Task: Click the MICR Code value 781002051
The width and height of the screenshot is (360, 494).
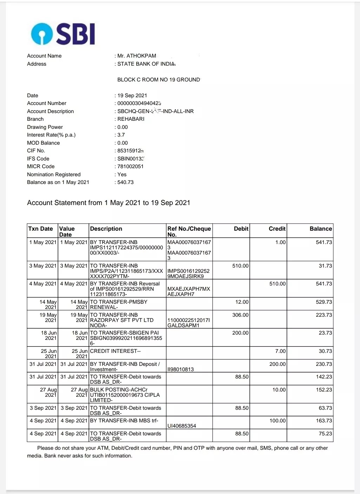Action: tap(130, 166)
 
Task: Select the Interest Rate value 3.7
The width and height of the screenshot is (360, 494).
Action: tap(121, 135)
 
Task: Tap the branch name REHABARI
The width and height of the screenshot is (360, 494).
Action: tap(131, 119)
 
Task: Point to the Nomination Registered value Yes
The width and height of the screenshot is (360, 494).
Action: tap(122, 174)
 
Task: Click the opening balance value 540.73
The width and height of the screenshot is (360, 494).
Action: tap(125, 182)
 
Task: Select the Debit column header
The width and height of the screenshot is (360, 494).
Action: tap(241, 229)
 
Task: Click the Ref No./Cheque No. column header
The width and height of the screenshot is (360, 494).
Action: tap(189, 231)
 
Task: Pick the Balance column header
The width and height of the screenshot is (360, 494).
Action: tap(321, 229)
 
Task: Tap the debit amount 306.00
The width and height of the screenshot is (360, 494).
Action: tap(240, 315)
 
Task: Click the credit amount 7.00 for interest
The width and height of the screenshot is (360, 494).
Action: tap(280, 351)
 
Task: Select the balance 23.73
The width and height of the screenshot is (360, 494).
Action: tap(325, 333)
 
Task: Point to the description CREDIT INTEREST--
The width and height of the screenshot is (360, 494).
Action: tap(115, 351)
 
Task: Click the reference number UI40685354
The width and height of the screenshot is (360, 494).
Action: tap(182, 426)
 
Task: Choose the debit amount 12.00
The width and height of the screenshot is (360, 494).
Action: tap(242, 302)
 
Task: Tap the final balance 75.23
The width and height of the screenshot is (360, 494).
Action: tap(325, 434)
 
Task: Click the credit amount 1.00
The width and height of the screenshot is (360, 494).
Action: tap(280, 242)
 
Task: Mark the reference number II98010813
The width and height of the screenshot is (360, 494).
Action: tap(181, 369)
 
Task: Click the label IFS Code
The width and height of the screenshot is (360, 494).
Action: tap(38, 159)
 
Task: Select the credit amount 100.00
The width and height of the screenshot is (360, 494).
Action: tap(277, 421)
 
